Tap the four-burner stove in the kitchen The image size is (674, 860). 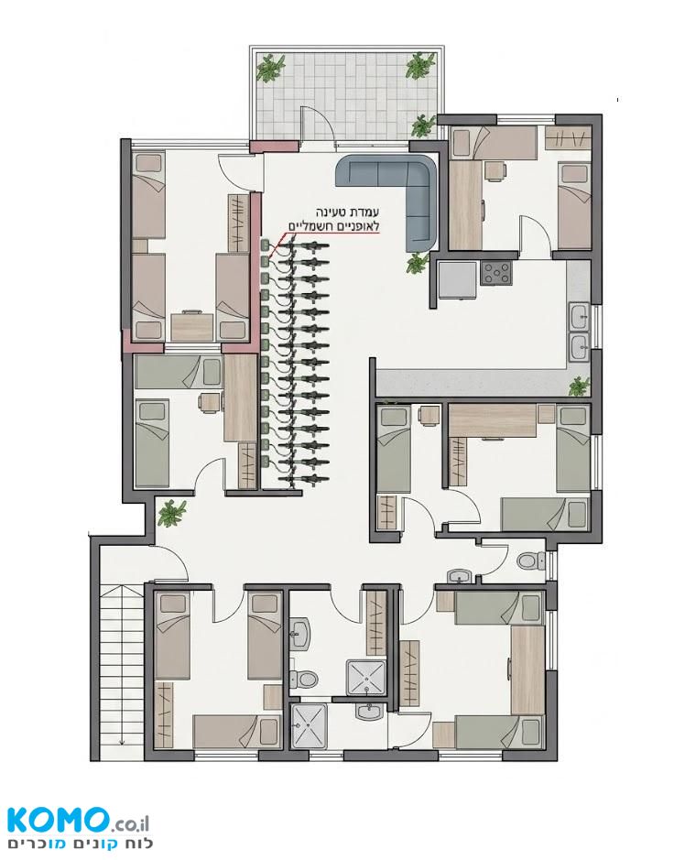(x=496, y=273)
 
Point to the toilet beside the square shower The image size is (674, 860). (x=304, y=680)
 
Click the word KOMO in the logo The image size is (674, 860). (x=56, y=821)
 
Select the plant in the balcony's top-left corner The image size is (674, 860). (x=271, y=68)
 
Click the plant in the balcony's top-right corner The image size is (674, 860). (x=419, y=65)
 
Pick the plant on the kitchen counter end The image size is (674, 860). (x=579, y=386)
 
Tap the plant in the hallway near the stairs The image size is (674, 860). (x=171, y=513)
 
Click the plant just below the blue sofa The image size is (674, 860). (x=418, y=264)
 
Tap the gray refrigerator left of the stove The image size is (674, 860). (x=457, y=279)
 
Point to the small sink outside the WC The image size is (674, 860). (x=460, y=575)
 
